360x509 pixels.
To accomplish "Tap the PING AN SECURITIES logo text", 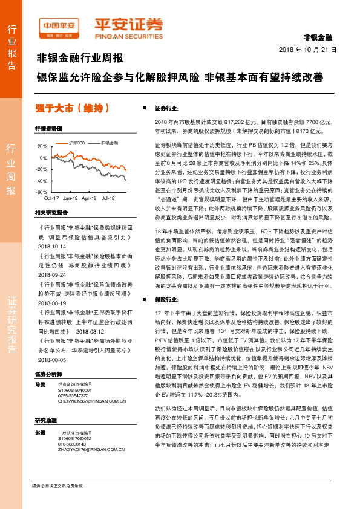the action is (x=128, y=36).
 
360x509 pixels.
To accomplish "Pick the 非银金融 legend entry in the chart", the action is (x=109, y=143).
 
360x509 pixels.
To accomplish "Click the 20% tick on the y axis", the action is (x=42, y=147).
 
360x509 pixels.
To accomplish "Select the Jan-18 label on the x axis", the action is (x=70, y=198).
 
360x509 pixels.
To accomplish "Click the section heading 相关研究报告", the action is (x=51, y=213).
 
